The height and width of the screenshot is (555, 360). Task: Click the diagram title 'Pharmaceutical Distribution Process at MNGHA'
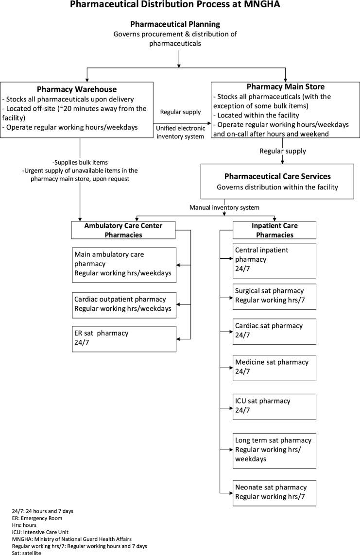[180, 5]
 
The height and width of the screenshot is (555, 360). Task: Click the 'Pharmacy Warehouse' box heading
[77, 89]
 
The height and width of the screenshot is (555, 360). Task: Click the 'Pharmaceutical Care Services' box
[277, 181]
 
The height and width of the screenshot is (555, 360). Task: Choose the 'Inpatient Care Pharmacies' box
[274, 230]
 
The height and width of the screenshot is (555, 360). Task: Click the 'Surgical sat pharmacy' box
[274, 296]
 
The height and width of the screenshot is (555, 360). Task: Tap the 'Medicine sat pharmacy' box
[274, 367]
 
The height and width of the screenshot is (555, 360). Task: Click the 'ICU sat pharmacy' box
[274, 406]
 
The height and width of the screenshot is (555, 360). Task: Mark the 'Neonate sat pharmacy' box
[274, 492]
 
